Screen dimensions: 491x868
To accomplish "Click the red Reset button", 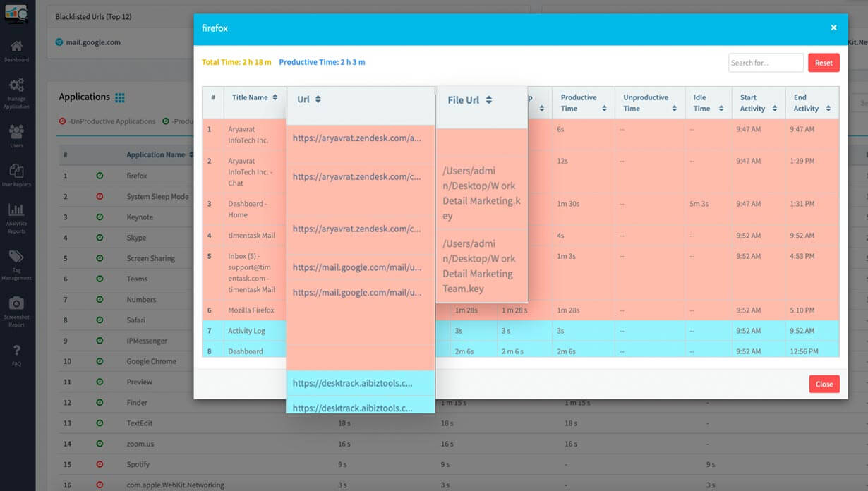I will coord(824,63).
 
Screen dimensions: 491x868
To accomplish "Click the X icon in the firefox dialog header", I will coord(833,28).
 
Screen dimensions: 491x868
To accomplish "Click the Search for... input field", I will coord(766,63).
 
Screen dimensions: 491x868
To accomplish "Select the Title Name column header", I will coord(250,97).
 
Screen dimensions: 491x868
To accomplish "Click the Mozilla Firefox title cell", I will coord(251,310).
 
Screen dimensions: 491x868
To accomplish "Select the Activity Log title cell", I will coord(246,331).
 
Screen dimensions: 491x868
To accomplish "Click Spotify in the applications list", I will coord(138,464).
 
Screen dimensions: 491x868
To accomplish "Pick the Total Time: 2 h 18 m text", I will coord(236,62).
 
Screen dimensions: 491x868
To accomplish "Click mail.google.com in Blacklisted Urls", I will coord(92,42).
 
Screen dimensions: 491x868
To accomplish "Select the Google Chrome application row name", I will coord(151,361).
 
